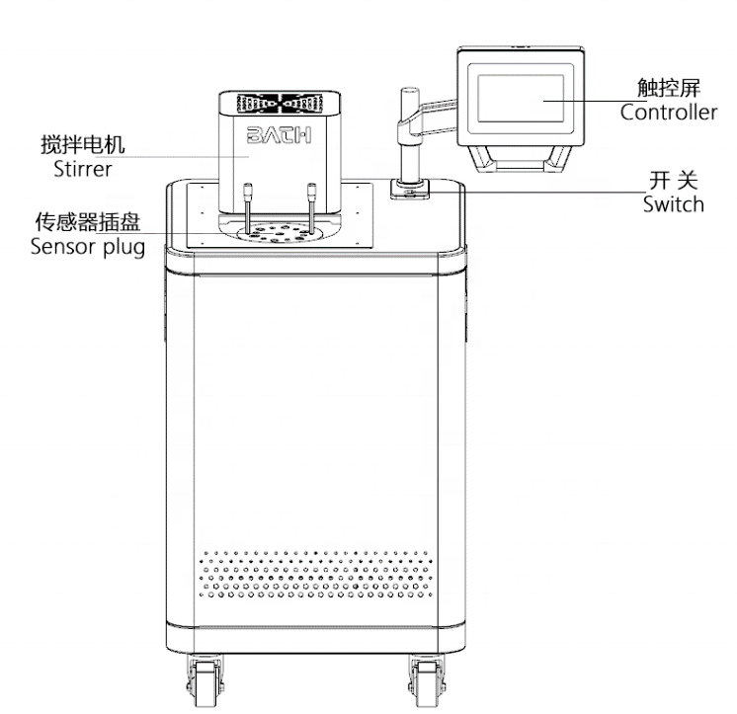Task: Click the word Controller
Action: point(670,112)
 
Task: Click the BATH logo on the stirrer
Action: point(280,134)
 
